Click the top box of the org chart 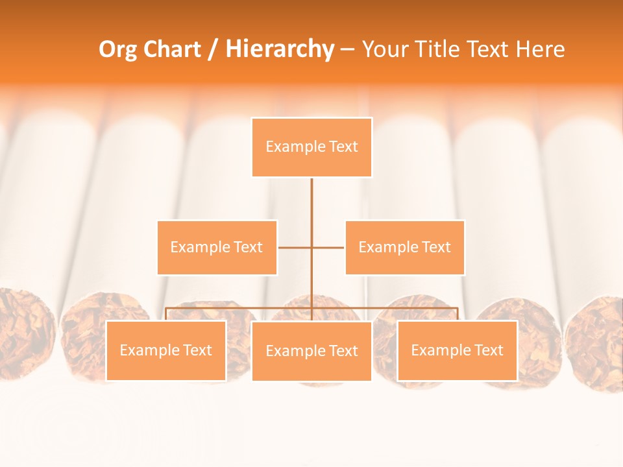[311, 147]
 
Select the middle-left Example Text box [217, 247]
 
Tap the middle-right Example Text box [404, 247]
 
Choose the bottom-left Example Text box [165, 350]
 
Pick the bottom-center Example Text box [311, 351]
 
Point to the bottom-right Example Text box [457, 350]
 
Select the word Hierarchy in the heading [280, 49]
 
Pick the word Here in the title [539, 49]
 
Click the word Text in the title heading [485, 49]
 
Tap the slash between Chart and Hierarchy [214, 50]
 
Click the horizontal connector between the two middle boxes [296, 247]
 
